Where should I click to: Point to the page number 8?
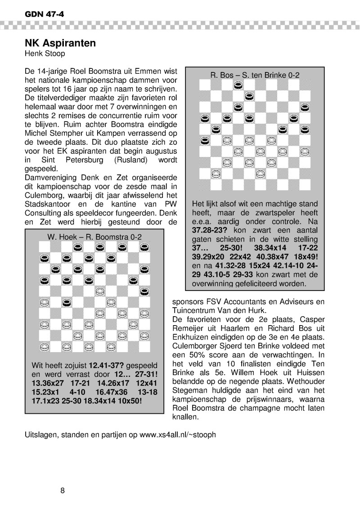(x=63, y=490)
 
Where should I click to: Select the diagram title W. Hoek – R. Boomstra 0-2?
(x=94, y=237)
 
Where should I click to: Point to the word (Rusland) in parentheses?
(x=134, y=160)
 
